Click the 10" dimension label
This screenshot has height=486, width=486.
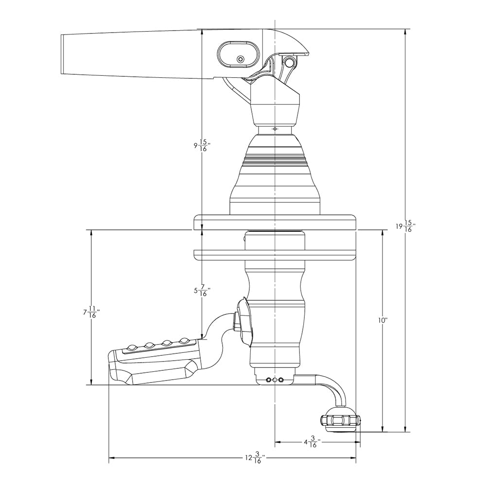(382, 321)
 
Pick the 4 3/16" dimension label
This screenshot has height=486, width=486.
(311, 443)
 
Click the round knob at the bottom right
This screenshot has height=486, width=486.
(340, 420)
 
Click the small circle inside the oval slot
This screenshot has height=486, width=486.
(240, 59)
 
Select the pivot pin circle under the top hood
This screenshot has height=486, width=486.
(290, 62)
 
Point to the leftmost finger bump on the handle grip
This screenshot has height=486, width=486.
(132, 347)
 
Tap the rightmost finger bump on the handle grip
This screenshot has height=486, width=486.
(184, 340)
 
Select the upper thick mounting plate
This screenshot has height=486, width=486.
(275, 222)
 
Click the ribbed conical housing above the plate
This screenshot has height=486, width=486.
(275, 170)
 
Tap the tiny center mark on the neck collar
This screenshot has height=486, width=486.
(275, 129)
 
